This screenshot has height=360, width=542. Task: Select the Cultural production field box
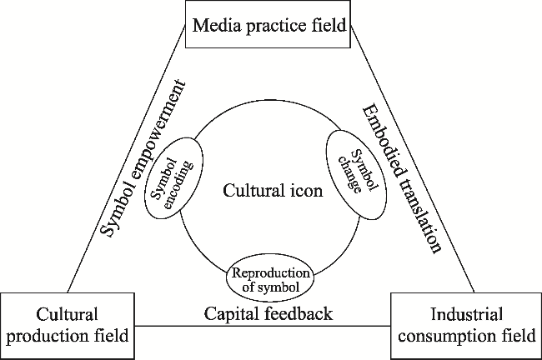point(68,325)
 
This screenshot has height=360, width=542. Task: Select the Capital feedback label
point(268,314)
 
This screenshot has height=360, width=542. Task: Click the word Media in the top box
point(215,24)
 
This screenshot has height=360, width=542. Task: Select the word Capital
point(229,314)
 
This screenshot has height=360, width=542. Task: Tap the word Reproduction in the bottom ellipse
point(269,272)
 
